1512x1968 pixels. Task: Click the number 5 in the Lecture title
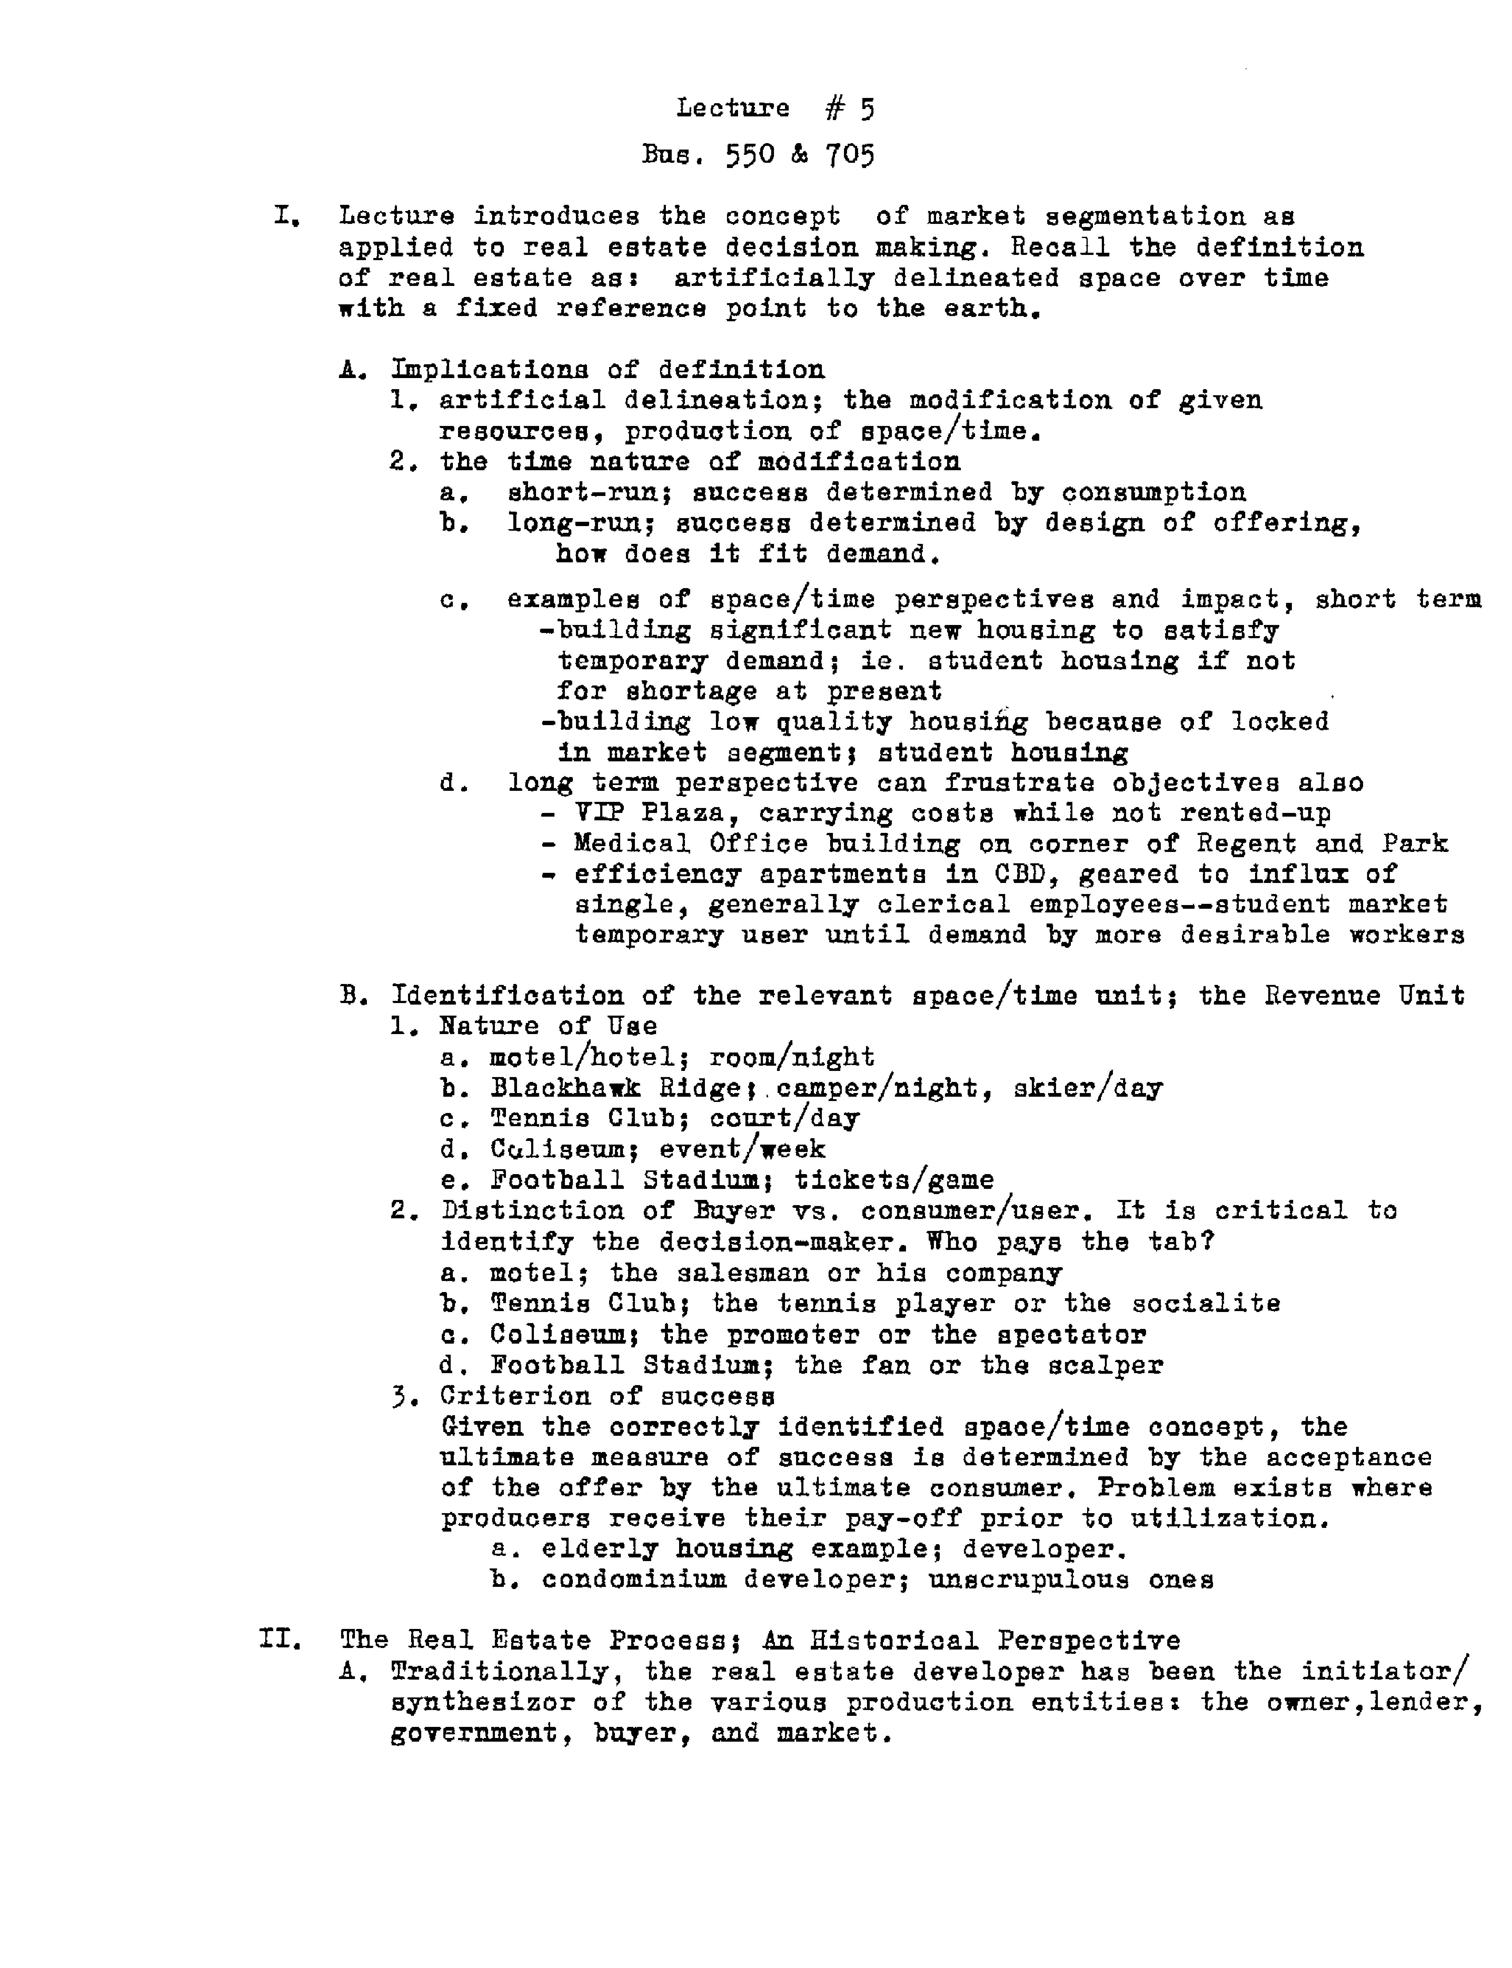866,109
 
